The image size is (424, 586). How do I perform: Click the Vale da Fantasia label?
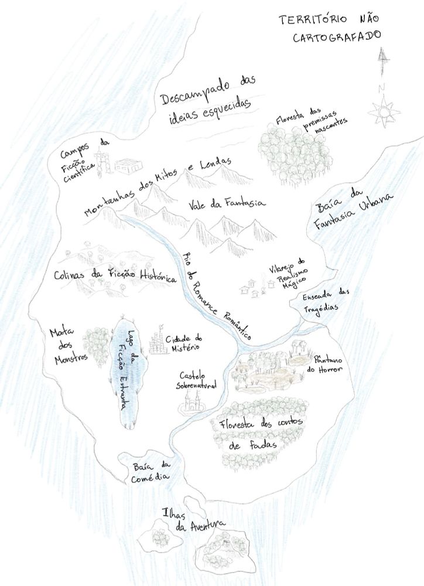click(x=227, y=204)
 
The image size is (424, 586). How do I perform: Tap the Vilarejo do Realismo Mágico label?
click(x=288, y=272)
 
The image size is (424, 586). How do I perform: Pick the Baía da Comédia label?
click(x=151, y=471)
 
